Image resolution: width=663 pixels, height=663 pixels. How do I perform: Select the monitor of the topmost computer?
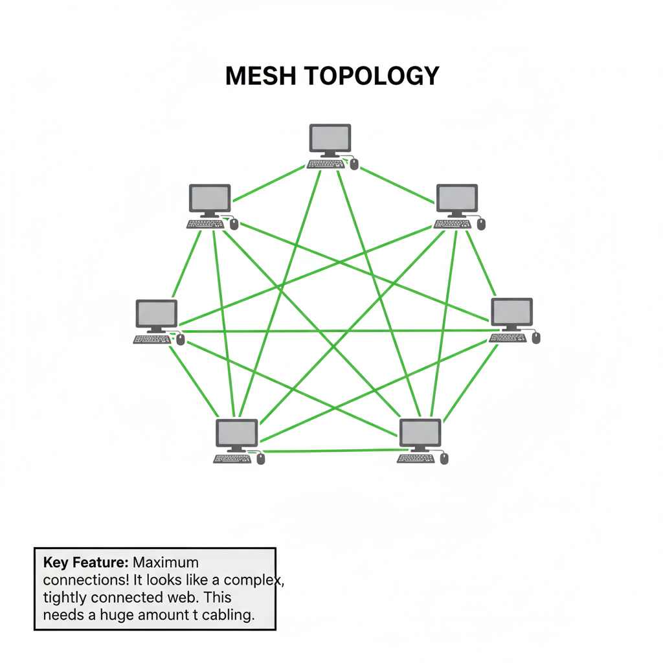click(330, 138)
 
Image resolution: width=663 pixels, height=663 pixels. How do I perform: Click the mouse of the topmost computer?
click(354, 164)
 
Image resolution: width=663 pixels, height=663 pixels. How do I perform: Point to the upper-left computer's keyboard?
click(205, 224)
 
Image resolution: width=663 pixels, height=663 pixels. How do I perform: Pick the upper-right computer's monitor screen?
click(456, 197)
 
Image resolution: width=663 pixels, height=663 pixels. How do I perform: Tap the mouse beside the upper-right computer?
click(481, 224)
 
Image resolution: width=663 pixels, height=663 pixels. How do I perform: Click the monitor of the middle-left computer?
click(156, 314)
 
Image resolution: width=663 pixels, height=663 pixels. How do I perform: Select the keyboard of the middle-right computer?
click(508, 337)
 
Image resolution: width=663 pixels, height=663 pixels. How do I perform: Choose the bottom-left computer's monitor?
click(236, 433)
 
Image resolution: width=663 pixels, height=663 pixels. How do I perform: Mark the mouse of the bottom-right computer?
click(444, 458)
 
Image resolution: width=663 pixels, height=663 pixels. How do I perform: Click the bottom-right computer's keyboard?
click(416, 458)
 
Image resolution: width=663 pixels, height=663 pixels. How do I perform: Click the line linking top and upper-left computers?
click(269, 183)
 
